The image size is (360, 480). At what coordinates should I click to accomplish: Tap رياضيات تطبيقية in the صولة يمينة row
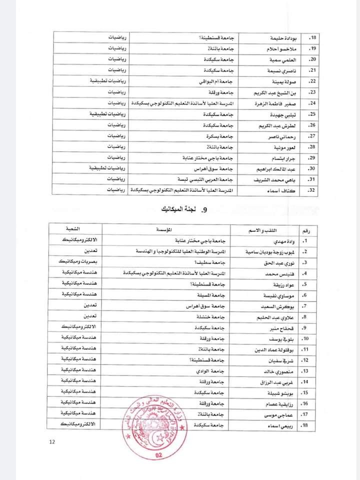pos(106,81)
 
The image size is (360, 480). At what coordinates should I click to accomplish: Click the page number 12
pos(52,441)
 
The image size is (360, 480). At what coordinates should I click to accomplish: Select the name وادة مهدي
pos(277,240)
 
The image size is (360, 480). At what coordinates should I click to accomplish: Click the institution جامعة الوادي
pos(211,370)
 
